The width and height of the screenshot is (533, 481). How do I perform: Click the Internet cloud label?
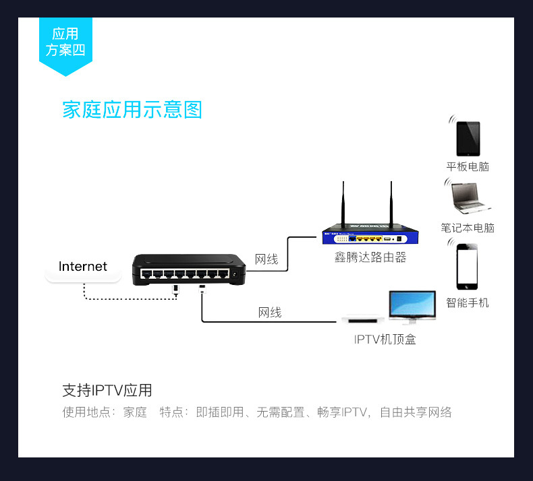pos(83,267)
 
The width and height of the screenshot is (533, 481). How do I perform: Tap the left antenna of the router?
pos(343,205)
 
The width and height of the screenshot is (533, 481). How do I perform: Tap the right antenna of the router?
pos(391,205)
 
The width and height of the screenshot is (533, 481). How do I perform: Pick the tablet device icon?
pos(468,139)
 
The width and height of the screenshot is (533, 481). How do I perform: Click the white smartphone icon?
pos(468,267)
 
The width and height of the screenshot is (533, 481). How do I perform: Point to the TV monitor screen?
pos(412,304)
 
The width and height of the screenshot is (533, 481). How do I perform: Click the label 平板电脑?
pos(468,166)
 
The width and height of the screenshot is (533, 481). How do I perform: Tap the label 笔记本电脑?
pos(468,228)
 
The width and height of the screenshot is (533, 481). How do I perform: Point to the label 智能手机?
pos(468,302)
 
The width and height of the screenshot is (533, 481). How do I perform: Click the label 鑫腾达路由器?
pos(370,257)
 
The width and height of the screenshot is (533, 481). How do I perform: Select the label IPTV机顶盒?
pos(385,339)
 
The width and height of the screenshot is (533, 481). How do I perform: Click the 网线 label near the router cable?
pos(266,259)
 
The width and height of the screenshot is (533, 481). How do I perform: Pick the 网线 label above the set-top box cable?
pos(270,312)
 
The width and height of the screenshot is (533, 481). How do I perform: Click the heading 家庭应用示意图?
pos(132,110)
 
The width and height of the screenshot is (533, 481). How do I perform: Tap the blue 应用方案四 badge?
pos(65,42)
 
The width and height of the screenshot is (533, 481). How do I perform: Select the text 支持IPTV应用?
pos(107,390)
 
